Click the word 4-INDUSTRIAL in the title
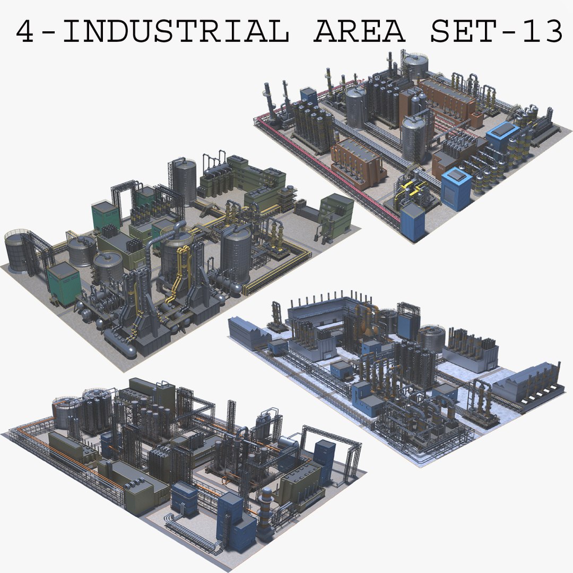152,33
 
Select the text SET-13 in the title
496,33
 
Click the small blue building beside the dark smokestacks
309,97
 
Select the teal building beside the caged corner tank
63,284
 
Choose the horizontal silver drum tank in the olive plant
287,443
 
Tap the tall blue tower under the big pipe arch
324,456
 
